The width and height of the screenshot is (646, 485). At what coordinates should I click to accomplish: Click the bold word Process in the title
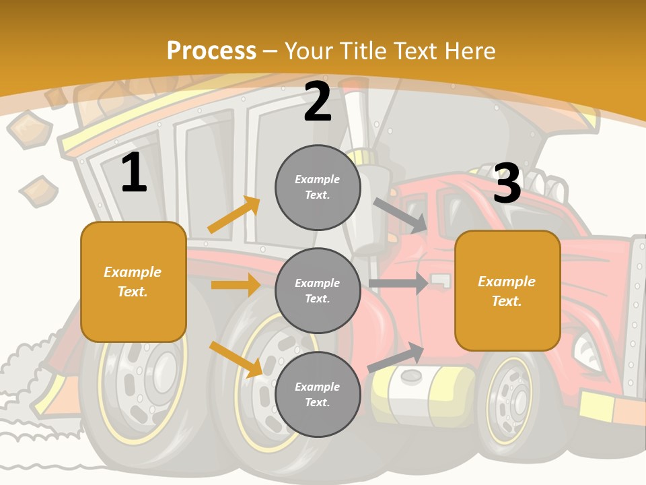coord(211,51)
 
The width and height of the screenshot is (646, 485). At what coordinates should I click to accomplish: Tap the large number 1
coord(134,173)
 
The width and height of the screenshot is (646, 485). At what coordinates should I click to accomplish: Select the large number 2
coord(318,102)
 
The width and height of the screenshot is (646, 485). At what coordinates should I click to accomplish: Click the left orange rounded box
coord(133,282)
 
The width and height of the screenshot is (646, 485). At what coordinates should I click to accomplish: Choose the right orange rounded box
coord(507,291)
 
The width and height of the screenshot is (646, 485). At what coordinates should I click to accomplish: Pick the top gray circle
coord(318,187)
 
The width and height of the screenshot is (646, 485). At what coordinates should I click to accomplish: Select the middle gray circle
coord(318,291)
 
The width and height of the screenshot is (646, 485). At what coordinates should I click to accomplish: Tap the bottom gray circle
coord(318,395)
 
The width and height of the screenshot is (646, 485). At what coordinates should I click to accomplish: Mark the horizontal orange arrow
coord(236,285)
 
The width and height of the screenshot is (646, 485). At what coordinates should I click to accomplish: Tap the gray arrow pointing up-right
coord(396,357)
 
